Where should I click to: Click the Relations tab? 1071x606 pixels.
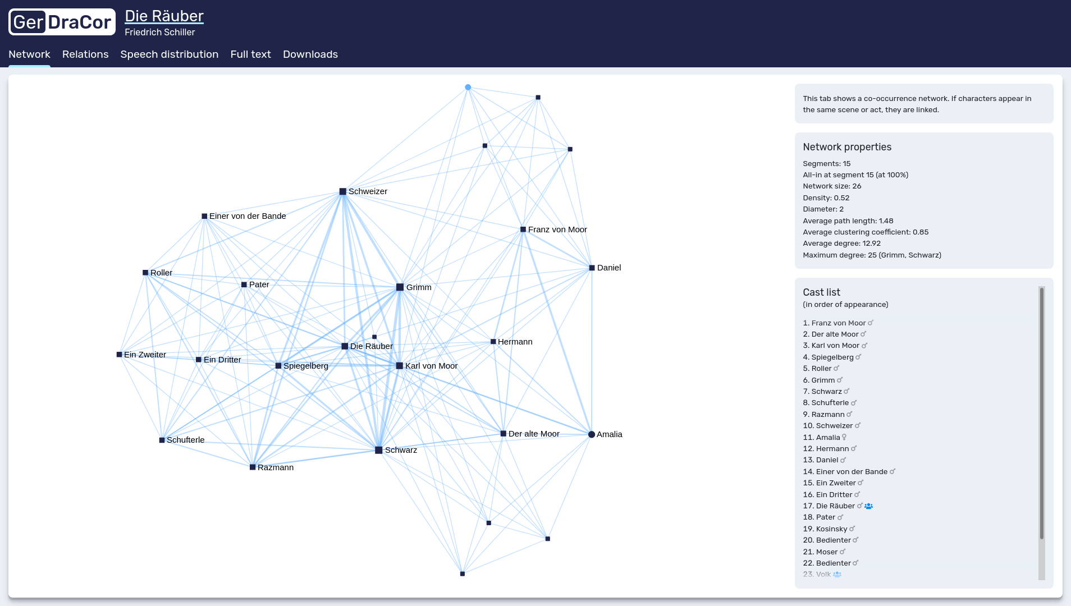click(x=85, y=54)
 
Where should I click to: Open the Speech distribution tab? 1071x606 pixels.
click(x=169, y=54)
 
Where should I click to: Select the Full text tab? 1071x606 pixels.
click(x=250, y=54)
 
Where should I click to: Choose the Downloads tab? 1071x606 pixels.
click(x=310, y=54)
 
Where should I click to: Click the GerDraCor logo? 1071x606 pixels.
click(x=62, y=22)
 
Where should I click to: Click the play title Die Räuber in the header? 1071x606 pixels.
click(x=164, y=16)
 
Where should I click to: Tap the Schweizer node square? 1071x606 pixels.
click(x=342, y=192)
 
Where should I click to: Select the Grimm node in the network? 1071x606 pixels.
click(x=400, y=287)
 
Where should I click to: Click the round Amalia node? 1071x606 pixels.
click(x=591, y=434)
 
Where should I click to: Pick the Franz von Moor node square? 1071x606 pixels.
click(x=523, y=229)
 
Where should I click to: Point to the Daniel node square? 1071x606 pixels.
click(x=592, y=268)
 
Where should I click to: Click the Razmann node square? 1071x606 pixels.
click(x=253, y=467)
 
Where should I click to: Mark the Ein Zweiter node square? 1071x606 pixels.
click(x=119, y=355)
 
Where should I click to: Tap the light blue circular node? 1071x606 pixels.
click(x=468, y=88)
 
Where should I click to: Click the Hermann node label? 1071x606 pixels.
click(x=515, y=342)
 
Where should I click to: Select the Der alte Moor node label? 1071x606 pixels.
click(x=533, y=434)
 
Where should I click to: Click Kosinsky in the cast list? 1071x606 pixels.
click(x=831, y=529)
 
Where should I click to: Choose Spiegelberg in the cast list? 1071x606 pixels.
click(x=832, y=357)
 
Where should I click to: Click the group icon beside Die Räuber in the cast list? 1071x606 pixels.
click(x=868, y=506)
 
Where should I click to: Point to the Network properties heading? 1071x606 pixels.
click(x=846, y=147)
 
